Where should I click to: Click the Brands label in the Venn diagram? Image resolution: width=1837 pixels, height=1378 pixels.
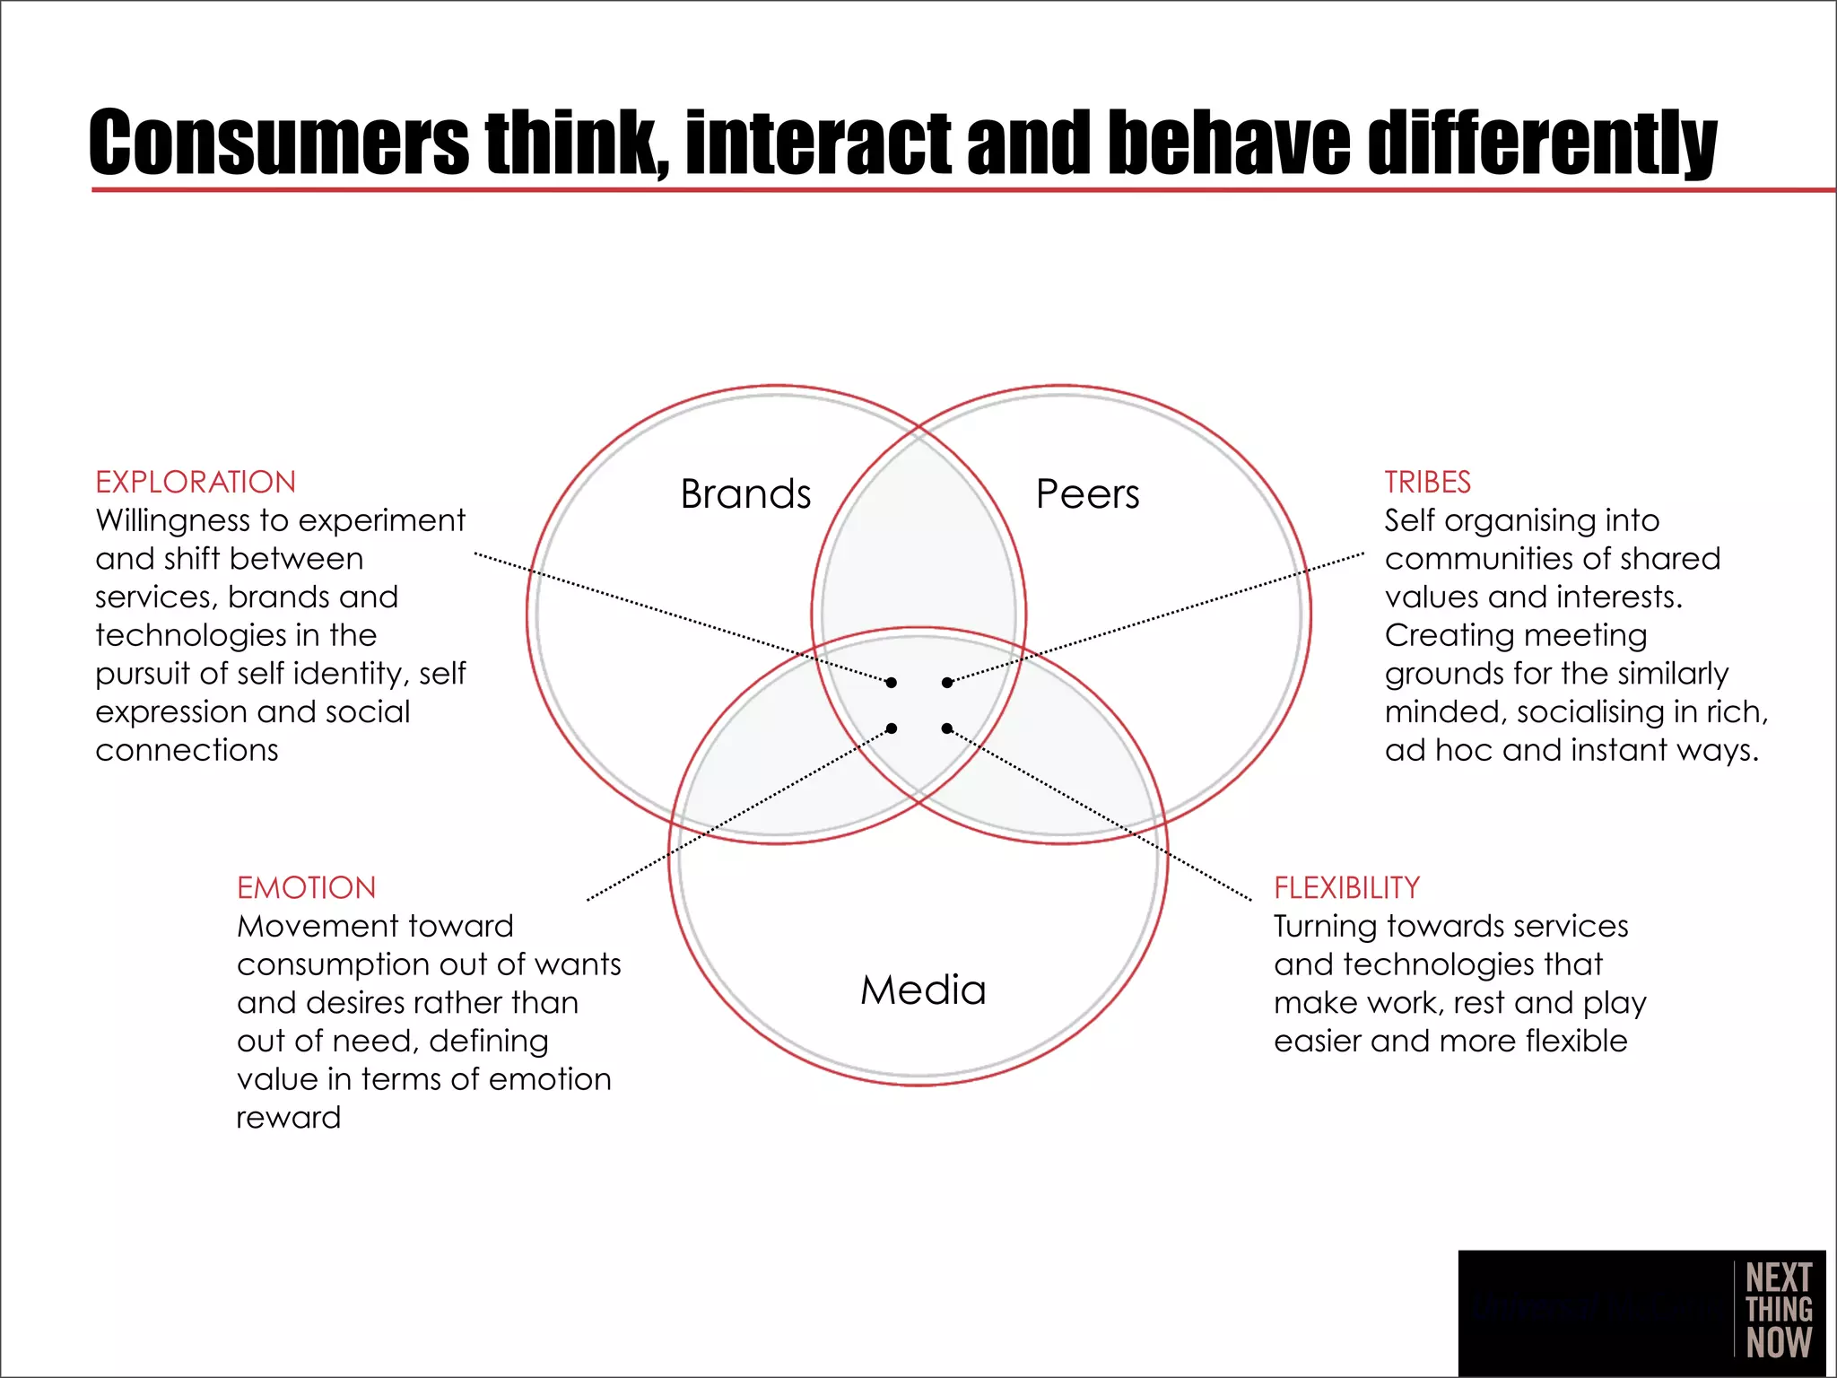click(x=745, y=494)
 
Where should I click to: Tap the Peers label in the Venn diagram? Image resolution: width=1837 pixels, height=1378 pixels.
click(x=1087, y=494)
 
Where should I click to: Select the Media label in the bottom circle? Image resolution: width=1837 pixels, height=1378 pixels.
click(x=923, y=990)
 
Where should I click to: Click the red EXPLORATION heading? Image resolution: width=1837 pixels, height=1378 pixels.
click(x=196, y=482)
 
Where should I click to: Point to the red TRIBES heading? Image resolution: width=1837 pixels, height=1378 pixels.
click(x=1427, y=482)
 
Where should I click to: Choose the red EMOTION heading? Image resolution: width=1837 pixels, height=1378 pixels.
click(x=306, y=887)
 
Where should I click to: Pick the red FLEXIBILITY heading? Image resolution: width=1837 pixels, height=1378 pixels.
click(x=1346, y=887)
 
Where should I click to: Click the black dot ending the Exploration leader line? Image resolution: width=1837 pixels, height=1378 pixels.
click(x=891, y=683)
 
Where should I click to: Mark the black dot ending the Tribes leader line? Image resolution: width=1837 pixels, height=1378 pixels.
click(x=947, y=683)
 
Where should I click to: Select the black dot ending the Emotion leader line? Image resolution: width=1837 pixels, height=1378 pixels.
click(x=891, y=728)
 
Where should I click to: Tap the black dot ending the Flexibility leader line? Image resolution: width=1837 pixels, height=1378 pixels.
click(x=947, y=728)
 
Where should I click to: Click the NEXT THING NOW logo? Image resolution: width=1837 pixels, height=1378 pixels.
click(x=1778, y=1310)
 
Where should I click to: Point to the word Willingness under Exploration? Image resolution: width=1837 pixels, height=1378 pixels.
click(x=170, y=520)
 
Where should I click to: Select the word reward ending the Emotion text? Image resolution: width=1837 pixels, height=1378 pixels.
click(x=288, y=1118)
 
